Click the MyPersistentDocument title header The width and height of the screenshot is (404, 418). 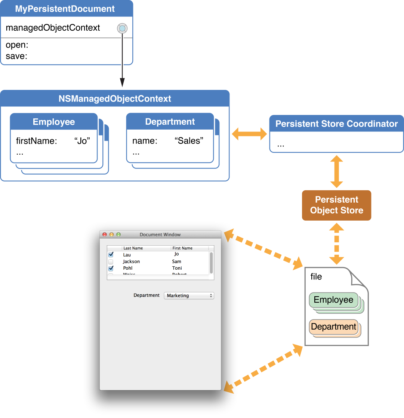(x=65, y=9)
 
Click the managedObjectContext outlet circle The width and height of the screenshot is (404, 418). (x=122, y=28)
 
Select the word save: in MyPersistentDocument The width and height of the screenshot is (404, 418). (x=16, y=57)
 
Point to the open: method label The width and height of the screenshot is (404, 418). (x=17, y=45)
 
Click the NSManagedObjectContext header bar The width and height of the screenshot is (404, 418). (x=115, y=99)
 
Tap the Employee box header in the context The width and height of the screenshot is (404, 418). (x=54, y=122)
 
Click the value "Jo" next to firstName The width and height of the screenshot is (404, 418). (x=83, y=141)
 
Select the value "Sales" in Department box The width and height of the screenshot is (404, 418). (x=189, y=141)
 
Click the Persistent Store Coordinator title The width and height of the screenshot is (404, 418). (x=336, y=124)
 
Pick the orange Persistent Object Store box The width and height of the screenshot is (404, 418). (x=336, y=205)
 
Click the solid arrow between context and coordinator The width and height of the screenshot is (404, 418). (x=249, y=134)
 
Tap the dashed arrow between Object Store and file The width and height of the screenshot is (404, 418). (x=336, y=244)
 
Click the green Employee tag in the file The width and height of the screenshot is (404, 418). (x=333, y=300)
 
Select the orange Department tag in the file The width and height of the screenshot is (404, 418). (x=333, y=327)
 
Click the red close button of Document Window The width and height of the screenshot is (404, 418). (x=104, y=234)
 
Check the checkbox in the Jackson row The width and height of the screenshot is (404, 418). (x=111, y=261)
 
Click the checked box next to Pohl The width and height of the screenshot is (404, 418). (x=111, y=268)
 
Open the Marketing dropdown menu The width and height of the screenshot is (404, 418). (x=189, y=296)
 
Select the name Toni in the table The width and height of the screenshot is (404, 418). (x=177, y=268)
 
